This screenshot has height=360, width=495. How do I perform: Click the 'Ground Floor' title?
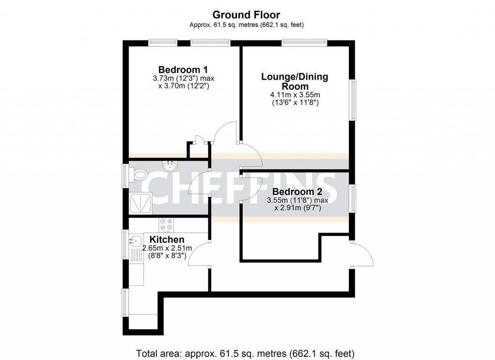tap(247, 15)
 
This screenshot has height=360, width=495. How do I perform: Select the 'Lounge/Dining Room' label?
tap(294, 81)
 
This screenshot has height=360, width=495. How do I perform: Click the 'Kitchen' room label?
tap(167, 240)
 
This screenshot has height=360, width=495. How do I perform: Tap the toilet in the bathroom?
tap(140, 174)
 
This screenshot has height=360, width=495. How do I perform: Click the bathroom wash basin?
tap(170, 166)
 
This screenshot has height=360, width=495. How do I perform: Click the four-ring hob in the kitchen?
tap(167, 225)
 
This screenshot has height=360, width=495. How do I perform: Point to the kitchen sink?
tap(135, 239)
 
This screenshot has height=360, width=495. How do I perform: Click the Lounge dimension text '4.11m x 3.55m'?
tap(294, 95)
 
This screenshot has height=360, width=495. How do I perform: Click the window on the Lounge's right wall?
tap(353, 99)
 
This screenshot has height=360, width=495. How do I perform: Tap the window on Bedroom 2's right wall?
tap(353, 198)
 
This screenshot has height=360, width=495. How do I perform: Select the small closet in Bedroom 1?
tap(197, 150)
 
